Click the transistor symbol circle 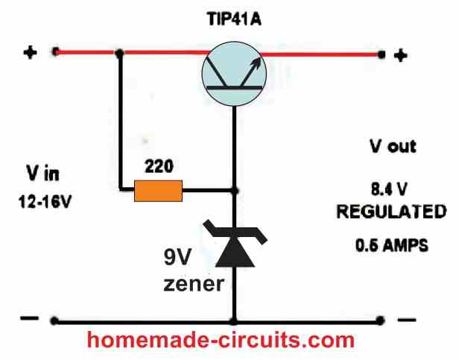(x=233, y=71)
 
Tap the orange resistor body (x=158, y=191)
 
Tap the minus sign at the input (x=28, y=319)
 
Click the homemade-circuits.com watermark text (x=220, y=341)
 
